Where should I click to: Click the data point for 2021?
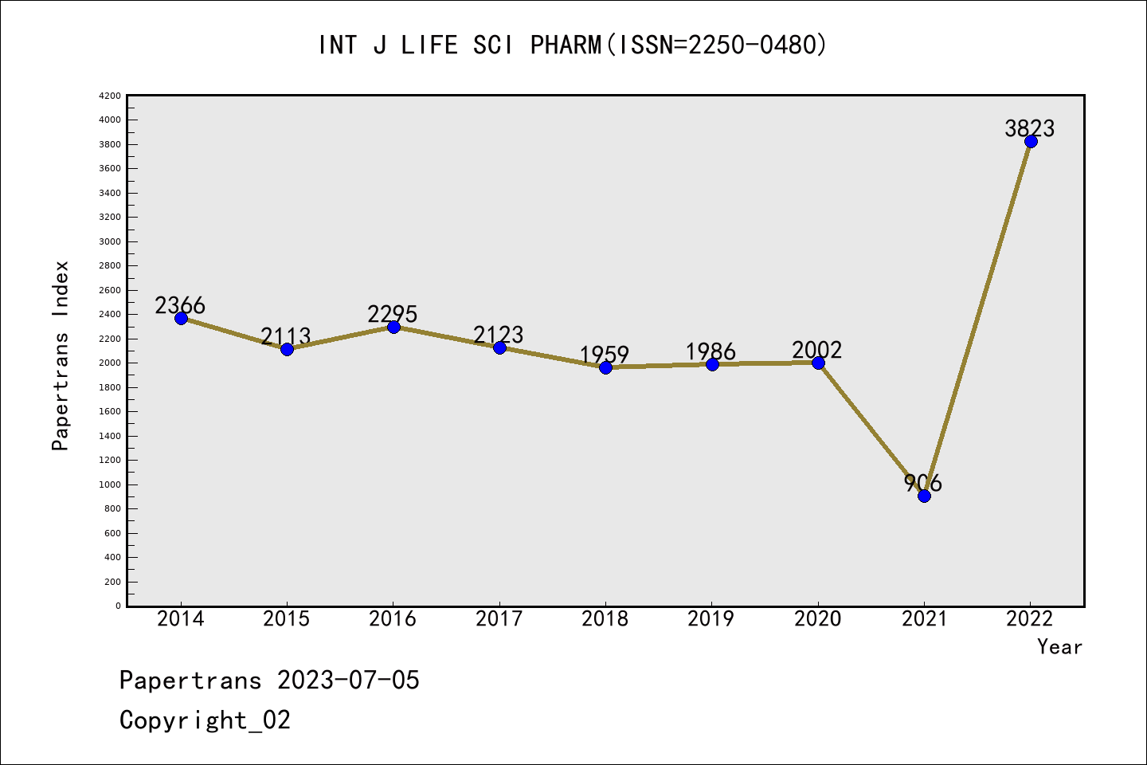924,496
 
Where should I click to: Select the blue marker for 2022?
1031,142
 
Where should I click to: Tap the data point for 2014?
181,318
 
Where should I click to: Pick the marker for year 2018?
605,367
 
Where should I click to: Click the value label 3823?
1029,128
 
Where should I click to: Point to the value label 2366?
180,305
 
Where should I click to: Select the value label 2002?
817,350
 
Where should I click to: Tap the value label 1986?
711,351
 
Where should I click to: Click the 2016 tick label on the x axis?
393,619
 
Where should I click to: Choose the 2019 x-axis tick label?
711,619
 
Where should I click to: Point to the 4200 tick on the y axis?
110,96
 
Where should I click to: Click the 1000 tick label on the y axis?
110,484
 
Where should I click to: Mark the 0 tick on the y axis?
118,606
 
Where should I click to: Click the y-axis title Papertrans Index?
61,355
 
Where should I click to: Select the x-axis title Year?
1059,647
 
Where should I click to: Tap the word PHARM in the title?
566,45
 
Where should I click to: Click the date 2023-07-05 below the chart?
348,681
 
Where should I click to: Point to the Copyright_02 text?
205,720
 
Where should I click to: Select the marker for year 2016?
393,327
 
